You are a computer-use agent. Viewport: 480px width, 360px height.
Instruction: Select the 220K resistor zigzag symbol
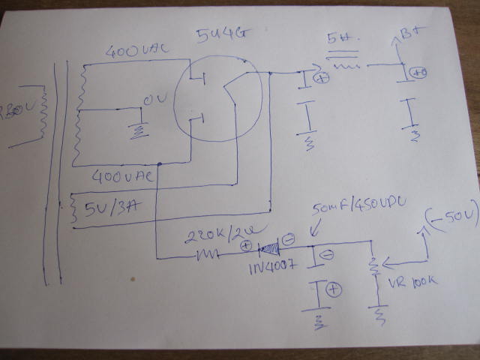pos(208,255)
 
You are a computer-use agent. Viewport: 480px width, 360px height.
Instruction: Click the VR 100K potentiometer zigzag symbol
pos(371,267)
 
